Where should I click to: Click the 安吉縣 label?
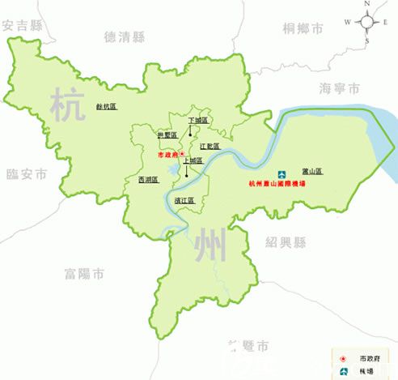(x=22, y=26)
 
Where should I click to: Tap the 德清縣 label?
(x=125, y=36)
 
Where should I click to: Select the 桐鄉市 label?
(x=303, y=28)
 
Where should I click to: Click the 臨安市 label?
(x=27, y=173)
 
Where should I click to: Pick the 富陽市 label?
(x=84, y=275)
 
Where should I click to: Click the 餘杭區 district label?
(x=107, y=106)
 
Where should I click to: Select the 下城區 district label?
(x=198, y=120)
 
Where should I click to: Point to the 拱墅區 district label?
(x=166, y=135)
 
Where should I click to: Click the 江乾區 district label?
(x=211, y=147)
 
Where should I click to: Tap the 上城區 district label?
(x=193, y=161)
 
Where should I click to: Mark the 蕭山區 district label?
(x=312, y=171)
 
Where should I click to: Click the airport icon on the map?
(x=282, y=174)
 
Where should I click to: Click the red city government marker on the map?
(x=182, y=152)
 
